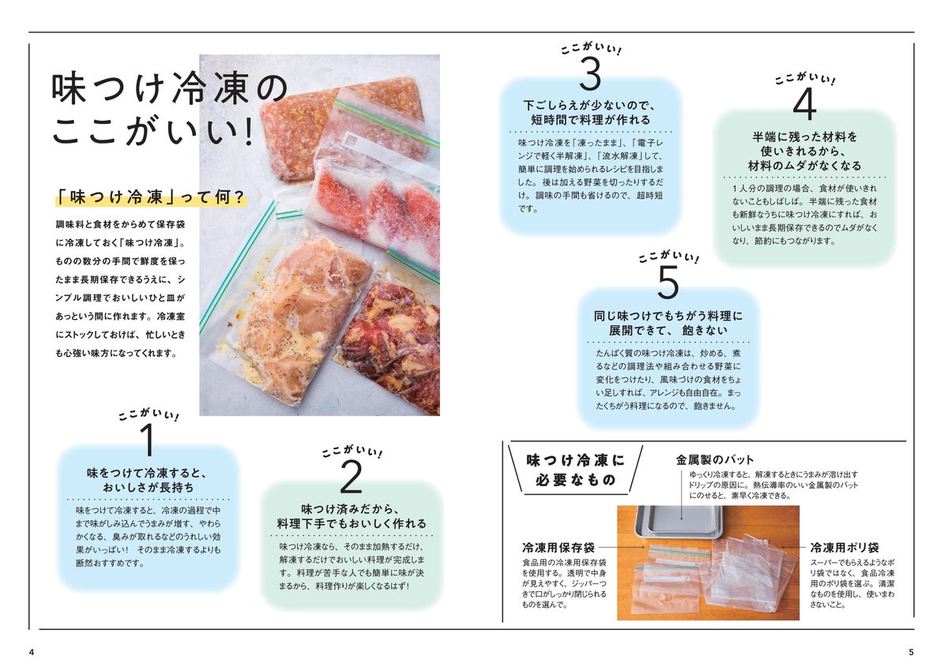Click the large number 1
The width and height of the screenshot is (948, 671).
coord(149,439)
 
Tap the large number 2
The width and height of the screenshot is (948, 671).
coord(352,477)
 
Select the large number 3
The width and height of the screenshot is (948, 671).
coord(590,74)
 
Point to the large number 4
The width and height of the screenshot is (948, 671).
coord(804,104)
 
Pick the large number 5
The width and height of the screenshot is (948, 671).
coord(668,282)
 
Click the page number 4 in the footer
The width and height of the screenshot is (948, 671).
coord(32,652)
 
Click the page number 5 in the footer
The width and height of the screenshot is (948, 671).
coord(911,652)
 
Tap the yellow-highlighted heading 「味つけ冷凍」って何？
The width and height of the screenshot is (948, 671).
coord(151,197)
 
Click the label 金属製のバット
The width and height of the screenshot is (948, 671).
coord(714,460)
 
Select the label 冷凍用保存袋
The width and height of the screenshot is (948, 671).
coord(559,548)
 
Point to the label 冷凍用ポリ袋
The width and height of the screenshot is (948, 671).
coord(845,548)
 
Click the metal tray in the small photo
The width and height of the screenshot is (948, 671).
coord(679,522)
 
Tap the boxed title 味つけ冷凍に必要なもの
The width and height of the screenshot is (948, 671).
coord(576,470)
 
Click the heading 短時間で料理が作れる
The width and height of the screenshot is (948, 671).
coord(590,120)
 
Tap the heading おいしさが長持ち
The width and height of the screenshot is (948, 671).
coord(149,488)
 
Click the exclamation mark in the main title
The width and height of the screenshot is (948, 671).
coord(250,131)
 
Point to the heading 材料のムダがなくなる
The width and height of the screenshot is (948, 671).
coord(804,166)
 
